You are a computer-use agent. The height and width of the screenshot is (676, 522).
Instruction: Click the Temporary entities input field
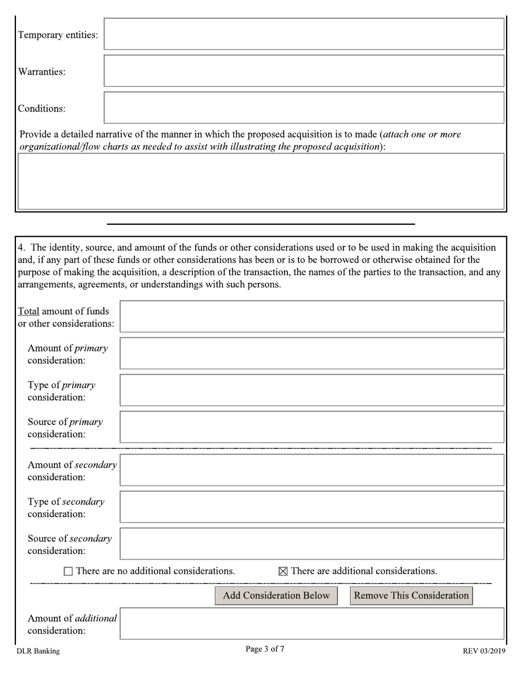click(304, 34)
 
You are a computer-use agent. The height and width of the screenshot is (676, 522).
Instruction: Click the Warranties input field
click(304, 71)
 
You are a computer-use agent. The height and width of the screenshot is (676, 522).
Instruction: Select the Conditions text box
click(304, 108)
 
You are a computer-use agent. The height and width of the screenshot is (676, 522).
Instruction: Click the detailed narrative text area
click(261, 181)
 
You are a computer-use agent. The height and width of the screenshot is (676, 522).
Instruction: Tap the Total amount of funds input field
click(312, 317)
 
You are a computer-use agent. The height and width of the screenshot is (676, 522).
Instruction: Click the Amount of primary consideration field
click(312, 353)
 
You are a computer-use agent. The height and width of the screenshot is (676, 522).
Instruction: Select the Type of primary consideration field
click(312, 390)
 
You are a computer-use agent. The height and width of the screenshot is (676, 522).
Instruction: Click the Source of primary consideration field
click(312, 427)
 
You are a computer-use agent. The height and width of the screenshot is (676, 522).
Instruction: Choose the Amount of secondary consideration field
click(312, 470)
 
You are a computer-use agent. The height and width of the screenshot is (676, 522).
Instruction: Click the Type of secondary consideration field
click(312, 507)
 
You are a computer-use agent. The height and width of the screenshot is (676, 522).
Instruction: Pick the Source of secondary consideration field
click(312, 544)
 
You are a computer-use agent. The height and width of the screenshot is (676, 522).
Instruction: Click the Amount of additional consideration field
click(312, 624)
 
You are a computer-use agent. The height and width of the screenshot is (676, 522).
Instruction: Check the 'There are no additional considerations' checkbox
click(68, 572)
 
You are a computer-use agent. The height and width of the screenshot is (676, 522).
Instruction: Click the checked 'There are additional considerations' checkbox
click(283, 572)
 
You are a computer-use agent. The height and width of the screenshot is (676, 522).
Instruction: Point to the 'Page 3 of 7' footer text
click(265, 649)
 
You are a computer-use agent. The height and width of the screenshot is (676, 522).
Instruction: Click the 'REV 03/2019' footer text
click(484, 651)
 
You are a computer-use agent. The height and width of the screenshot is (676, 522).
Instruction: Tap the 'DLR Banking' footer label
click(38, 651)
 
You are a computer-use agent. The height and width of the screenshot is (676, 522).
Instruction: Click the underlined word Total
click(29, 311)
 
